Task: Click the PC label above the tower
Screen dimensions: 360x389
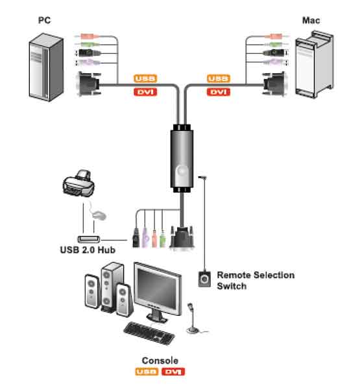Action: click(x=45, y=20)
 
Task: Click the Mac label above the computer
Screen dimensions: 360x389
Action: click(x=311, y=20)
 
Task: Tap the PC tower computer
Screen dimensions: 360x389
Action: click(x=46, y=67)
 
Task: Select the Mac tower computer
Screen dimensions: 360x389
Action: click(x=315, y=64)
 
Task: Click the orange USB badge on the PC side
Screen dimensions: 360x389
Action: click(x=145, y=78)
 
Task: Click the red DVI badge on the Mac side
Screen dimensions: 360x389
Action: click(x=219, y=92)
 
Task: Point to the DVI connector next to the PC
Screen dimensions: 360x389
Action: click(x=89, y=84)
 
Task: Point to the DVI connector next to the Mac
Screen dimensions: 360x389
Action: click(x=274, y=84)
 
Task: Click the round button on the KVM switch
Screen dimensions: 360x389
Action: click(x=182, y=171)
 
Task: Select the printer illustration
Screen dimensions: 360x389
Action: click(x=78, y=183)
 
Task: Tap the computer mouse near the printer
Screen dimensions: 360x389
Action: click(x=99, y=215)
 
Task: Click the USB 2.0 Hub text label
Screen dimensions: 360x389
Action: click(x=88, y=250)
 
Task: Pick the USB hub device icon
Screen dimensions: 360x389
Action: click(x=89, y=239)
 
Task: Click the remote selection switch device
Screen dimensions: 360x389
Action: click(x=204, y=279)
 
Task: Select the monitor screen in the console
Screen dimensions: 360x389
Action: click(x=158, y=289)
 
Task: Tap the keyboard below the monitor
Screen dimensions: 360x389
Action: click(x=149, y=333)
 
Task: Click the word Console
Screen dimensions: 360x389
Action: click(x=160, y=360)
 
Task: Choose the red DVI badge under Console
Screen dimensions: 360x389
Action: click(x=173, y=371)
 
